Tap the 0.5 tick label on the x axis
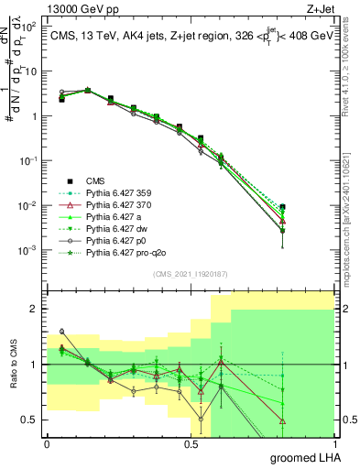(191, 443)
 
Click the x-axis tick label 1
(334, 443)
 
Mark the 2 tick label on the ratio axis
(34, 309)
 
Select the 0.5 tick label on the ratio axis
(30, 420)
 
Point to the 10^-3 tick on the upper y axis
(27, 250)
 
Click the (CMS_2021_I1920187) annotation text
(190, 274)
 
